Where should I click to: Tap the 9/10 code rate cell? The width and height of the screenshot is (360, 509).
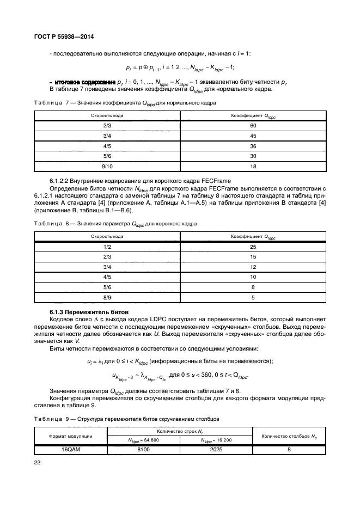click(x=107, y=166)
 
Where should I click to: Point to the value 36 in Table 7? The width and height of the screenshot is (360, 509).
click(x=253, y=145)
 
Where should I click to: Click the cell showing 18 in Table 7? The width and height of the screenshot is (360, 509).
click(x=253, y=166)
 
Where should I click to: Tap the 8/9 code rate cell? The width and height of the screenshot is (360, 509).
click(x=107, y=298)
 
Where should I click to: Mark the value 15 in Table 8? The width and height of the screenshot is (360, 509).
click(x=253, y=256)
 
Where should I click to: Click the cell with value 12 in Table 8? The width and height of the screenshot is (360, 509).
click(x=253, y=267)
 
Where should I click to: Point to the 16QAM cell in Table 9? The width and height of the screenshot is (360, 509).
click(x=70, y=450)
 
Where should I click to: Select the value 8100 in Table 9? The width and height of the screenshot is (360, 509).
click(x=143, y=450)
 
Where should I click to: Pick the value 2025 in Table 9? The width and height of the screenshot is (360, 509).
click(x=216, y=450)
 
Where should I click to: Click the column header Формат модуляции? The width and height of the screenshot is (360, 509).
click(x=70, y=436)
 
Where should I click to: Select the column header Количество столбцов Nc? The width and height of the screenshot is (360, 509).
click(x=289, y=436)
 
